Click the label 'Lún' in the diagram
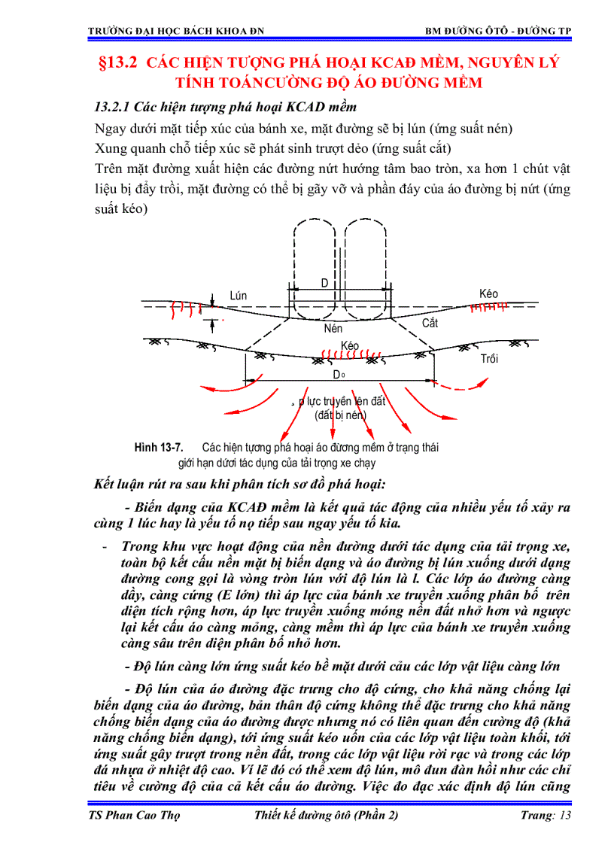pos(239,296)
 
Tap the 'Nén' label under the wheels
pos(333,329)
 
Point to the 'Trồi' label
pos(489,359)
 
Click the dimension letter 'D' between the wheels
pos(325,283)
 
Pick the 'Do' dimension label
pos(339,374)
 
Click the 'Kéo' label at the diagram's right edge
pos(488,293)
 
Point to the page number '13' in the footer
pos(565,816)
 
